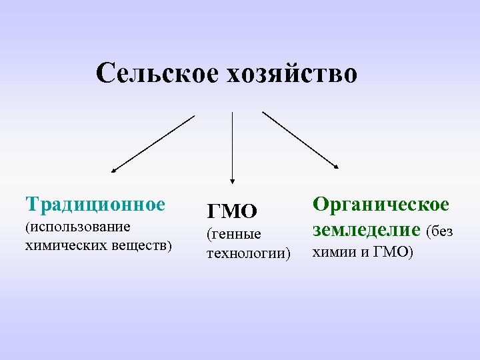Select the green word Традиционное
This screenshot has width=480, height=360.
coord(95,203)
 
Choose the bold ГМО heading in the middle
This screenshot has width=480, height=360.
coord(232,212)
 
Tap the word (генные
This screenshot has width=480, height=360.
coord(234,234)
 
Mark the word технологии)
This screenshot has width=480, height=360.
coord(249,253)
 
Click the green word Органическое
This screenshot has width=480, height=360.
coord(381,205)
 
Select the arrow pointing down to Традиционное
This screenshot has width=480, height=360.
coord(152,145)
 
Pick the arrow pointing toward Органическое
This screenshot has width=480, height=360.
coord(300,140)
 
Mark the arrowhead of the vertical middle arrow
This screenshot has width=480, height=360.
coord(232,179)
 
